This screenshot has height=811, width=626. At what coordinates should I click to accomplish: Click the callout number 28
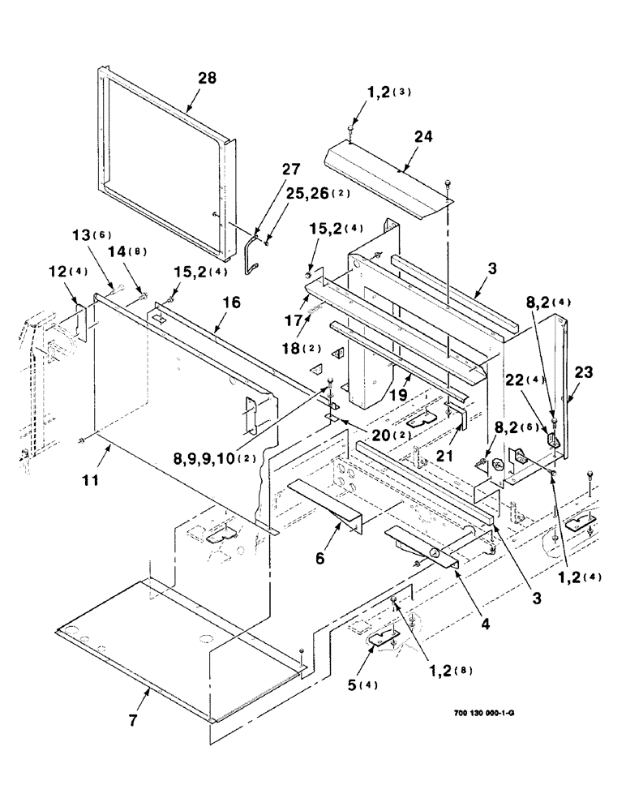[208, 79]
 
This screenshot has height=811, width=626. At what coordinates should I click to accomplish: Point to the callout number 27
[268, 169]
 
